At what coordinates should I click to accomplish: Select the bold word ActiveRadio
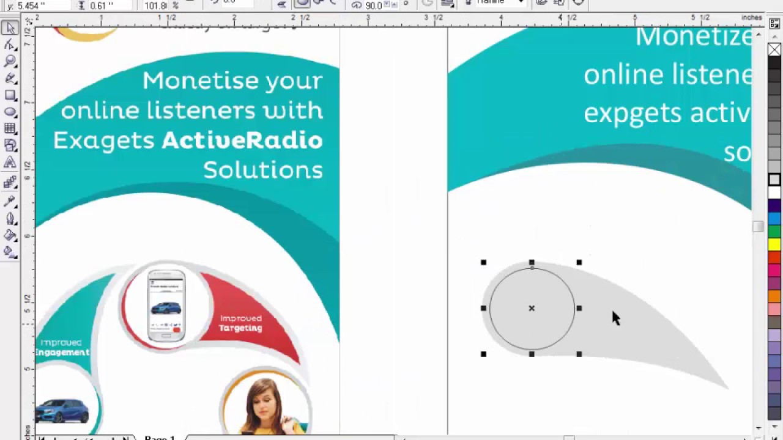click(x=242, y=141)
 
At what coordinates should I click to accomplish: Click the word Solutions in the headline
click(x=263, y=170)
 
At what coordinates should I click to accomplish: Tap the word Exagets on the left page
click(x=104, y=141)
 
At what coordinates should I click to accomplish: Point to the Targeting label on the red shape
click(x=240, y=328)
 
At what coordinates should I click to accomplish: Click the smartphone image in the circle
click(x=166, y=304)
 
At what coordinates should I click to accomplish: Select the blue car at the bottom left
click(x=61, y=411)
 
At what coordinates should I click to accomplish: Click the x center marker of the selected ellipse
click(x=532, y=309)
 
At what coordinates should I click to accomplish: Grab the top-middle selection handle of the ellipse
click(x=532, y=263)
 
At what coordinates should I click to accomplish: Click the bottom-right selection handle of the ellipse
click(x=579, y=354)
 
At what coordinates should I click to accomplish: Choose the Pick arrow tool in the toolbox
click(x=10, y=28)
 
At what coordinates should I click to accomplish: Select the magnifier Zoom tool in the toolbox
click(x=10, y=61)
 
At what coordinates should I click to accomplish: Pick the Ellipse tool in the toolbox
click(x=10, y=112)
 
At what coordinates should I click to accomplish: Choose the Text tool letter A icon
click(x=10, y=162)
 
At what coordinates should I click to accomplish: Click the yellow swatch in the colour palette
click(x=774, y=244)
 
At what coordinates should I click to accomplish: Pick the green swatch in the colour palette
click(x=774, y=232)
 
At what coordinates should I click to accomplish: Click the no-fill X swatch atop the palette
click(x=774, y=50)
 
